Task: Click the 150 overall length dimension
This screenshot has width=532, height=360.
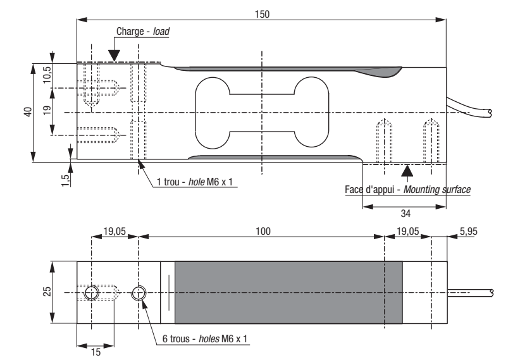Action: [263, 15]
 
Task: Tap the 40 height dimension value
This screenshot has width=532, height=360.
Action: [28, 111]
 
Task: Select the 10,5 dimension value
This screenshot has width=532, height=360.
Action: [47, 74]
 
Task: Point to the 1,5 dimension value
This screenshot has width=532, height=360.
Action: [66, 180]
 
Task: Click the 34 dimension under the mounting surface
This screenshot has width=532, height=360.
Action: [405, 213]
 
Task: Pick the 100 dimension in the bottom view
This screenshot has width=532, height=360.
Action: [263, 232]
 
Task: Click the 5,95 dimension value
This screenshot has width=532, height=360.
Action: [469, 232]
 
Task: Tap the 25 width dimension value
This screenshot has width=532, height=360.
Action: [47, 292]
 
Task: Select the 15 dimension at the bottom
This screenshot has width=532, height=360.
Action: [96, 352]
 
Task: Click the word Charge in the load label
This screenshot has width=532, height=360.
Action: [130, 31]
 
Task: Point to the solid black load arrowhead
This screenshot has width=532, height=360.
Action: [114, 55]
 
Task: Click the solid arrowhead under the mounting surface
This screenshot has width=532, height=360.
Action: [407, 171]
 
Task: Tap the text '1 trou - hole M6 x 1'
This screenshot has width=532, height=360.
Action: [195, 182]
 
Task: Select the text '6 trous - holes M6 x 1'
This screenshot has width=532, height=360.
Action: [205, 338]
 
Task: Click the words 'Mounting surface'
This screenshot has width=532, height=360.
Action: [437, 189]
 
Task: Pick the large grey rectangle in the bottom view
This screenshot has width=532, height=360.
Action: [288, 292]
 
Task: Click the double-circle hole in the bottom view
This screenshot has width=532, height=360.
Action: [139, 293]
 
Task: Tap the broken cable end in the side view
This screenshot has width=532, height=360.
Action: [490, 113]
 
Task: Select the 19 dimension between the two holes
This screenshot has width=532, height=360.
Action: [47, 110]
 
